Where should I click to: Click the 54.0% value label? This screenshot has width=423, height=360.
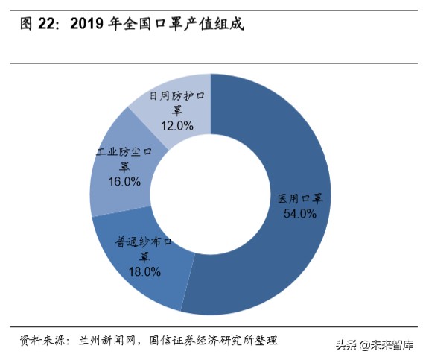300,213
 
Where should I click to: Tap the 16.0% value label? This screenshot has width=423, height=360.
123,181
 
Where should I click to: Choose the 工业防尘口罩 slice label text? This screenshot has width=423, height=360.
124,159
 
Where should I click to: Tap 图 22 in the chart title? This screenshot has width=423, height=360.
39,25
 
